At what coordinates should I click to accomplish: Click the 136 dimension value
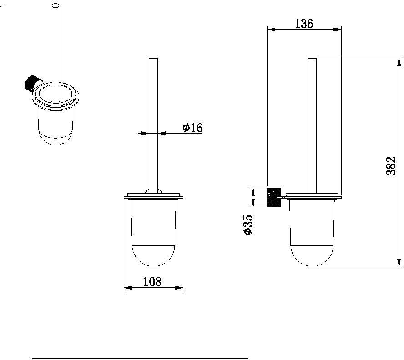coord(304,24)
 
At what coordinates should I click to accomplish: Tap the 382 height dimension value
coord(391,166)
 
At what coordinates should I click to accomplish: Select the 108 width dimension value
coord(152,281)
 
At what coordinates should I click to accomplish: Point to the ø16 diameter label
coord(193,127)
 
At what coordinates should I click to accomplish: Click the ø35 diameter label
coord(248,225)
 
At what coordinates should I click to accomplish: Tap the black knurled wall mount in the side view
coord(274,197)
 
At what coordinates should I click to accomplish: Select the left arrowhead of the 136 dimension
coord(271,30)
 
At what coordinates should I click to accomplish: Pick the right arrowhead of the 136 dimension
coord(337,30)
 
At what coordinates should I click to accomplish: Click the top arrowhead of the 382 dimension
coord(399,62)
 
